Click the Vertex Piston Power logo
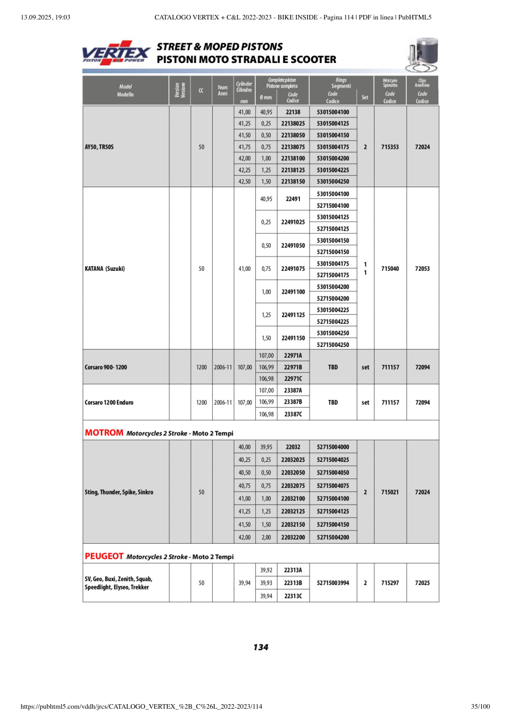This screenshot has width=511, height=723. [x=116, y=53]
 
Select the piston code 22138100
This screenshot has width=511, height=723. [x=293, y=159]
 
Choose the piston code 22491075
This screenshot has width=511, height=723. [x=293, y=268]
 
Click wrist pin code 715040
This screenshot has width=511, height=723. [x=390, y=268]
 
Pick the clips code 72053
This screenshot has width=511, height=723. [x=422, y=268]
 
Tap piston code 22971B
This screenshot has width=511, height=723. [x=293, y=367]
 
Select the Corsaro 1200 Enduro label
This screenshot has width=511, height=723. [x=109, y=402]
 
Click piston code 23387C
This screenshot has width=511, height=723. [x=293, y=414]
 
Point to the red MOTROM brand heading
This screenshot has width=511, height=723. [x=104, y=433]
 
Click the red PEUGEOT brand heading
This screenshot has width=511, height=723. [x=105, y=556]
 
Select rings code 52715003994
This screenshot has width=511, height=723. [x=332, y=583]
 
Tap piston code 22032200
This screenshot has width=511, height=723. [x=293, y=538]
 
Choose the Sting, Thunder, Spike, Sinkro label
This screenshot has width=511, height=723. [x=119, y=492]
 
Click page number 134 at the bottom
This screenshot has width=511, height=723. [x=260, y=647]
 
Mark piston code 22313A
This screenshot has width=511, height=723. [x=293, y=570]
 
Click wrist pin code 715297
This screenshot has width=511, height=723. [x=390, y=583]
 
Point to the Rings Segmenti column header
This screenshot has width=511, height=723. [x=332, y=82]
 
